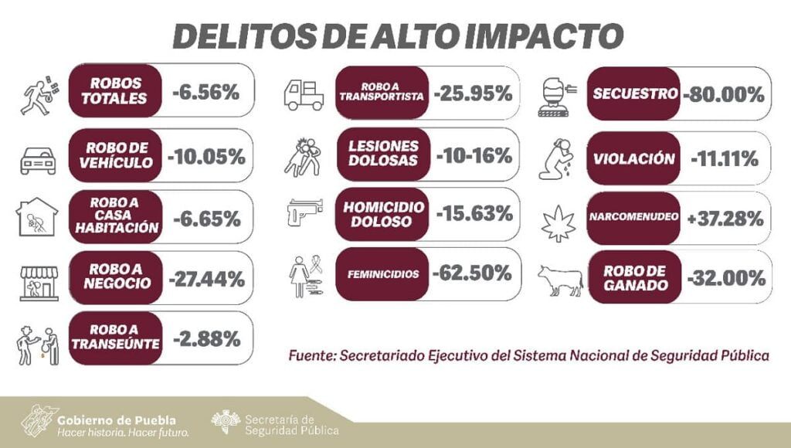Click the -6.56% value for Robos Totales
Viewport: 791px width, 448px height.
(206, 93)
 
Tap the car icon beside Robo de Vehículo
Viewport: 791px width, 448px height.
(37, 159)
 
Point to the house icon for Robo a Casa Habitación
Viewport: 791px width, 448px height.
(37, 216)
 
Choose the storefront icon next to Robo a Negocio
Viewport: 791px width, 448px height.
(39, 282)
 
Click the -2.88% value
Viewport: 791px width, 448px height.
(206, 338)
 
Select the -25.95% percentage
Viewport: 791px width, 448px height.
(474, 94)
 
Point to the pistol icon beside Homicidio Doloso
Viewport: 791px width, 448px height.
(304, 213)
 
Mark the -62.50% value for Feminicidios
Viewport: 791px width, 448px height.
(472, 273)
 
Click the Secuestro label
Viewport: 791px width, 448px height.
(635, 94)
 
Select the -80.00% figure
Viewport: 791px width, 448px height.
(724, 95)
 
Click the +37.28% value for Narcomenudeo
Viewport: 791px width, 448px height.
(725, 219)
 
